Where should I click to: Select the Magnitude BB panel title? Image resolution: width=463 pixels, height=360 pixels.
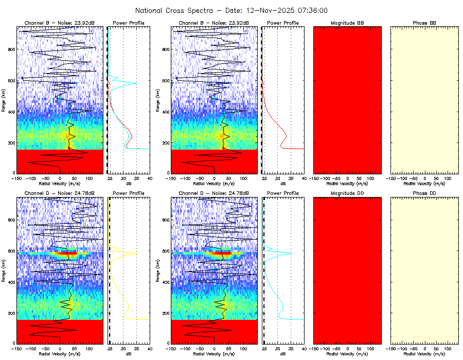pos(347,23)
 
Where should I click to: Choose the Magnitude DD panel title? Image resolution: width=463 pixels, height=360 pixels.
pos(347,193)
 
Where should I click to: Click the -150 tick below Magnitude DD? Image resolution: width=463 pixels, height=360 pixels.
pos(314,349)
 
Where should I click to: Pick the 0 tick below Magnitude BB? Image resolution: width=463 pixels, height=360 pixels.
pos(347,178)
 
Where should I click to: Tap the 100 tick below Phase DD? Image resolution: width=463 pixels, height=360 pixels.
pos(447,349)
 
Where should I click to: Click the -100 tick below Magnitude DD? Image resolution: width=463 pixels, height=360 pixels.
pos(325,349)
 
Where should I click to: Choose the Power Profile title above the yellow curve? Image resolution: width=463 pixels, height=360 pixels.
pos(129,193)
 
